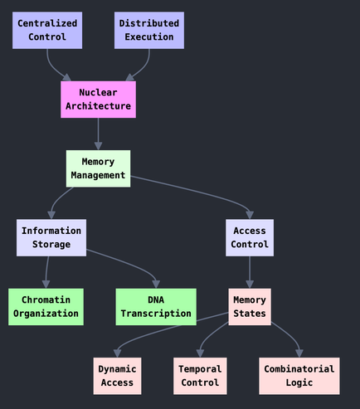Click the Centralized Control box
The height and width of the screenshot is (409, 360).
[47, 31]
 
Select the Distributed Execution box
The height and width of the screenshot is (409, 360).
[149, 31]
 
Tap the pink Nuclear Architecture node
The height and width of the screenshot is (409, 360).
[98, 100]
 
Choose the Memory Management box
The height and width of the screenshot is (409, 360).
[98, 168]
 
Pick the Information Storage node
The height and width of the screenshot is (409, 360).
[51, 238]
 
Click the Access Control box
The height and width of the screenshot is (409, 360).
[250, 238]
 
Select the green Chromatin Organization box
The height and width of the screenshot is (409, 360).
[46, 307]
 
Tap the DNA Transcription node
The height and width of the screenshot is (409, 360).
[156, 307]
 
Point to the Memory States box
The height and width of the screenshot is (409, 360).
[250, 307]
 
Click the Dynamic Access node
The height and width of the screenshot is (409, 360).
[117, 376]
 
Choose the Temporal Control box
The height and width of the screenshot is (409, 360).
[200, 376]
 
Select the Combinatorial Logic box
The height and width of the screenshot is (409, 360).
[299, 376]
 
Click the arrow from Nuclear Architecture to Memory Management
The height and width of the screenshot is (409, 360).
[98, 134]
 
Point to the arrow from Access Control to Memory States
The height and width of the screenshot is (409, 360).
[250, 272]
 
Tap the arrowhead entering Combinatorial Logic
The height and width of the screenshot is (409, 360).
[299, 353]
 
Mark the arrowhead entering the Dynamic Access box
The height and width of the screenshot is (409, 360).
[117, 353]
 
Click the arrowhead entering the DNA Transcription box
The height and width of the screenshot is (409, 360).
[156, 285]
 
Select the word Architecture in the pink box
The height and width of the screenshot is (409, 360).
[98, 106]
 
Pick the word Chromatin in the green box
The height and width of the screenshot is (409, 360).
[46, 299]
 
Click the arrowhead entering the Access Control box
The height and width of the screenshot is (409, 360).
[250, 215]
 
